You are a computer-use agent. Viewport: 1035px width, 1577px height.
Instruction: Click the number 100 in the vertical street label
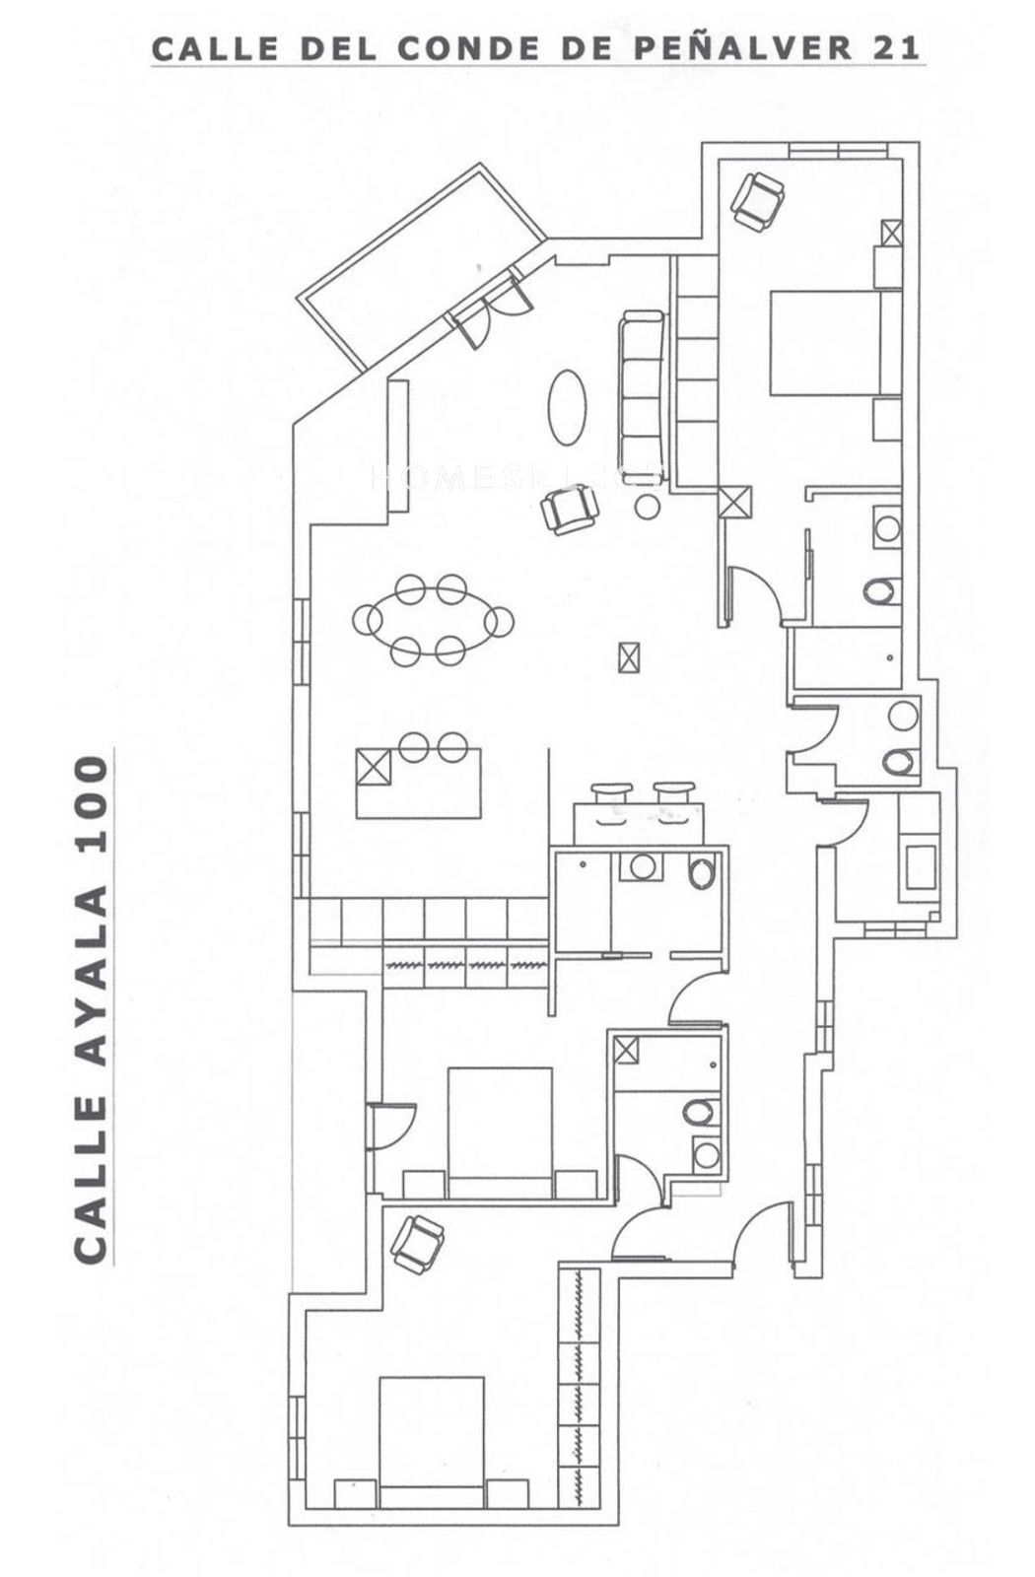pyautogui.click(x=92, y=805)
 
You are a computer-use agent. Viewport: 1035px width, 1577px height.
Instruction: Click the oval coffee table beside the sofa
pyautogui.click(x=567, y=408)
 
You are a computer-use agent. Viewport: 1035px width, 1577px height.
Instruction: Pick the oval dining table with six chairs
pyautogui.click(x=433, y=620)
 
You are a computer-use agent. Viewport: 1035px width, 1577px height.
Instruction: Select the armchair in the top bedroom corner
pyautogui.click(x=757, y=201)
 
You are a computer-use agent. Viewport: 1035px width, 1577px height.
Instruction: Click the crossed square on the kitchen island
pyautogui.click(x=374, y=766)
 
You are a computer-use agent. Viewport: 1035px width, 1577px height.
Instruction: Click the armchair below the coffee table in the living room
pyautogui.click(x=570, y=509)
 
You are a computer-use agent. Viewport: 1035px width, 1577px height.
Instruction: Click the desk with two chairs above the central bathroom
pyautogui.click(x=639, y=813)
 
